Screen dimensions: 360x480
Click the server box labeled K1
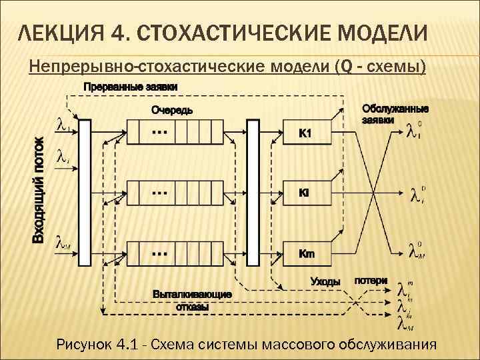click(x=307, y=134)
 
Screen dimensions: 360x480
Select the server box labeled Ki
click(x=307, y=193)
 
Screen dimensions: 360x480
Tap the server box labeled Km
click(x=307, y=253)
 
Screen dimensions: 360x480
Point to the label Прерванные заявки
click(x=131, y=87)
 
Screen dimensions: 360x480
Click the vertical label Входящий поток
click(x=40, y=190)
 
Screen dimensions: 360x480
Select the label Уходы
click(x=325, y=282)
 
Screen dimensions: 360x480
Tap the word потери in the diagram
click(x=370, y=281)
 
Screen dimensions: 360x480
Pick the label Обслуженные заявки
click(x=395, y=114)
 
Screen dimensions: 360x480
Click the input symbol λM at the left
click(x=63, y=245)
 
